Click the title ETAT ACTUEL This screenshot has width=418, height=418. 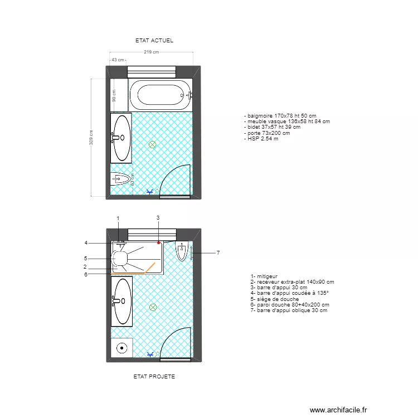[x=154, y=41]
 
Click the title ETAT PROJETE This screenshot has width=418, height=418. [x=154, y=376]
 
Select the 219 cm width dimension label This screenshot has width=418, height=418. [x=151, y=52]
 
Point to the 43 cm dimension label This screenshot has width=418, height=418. [x=118, y=60]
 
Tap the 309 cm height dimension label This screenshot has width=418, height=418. [x=91, y=138]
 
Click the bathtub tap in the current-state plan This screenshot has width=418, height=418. [x=188, y=95]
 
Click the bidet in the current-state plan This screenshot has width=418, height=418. [x=121, y=179]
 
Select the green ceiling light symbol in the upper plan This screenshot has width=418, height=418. [x=152, y=145]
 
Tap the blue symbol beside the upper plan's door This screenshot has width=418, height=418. [x=149, y=192]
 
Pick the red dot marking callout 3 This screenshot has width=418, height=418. [x=158, y=243]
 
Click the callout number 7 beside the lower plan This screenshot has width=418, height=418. [x=218, y=253]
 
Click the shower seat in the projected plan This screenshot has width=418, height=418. [x=119, y=259]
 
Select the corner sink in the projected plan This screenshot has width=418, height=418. [x=182, y=252]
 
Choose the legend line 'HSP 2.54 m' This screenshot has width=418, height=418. [x=261, y=138]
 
